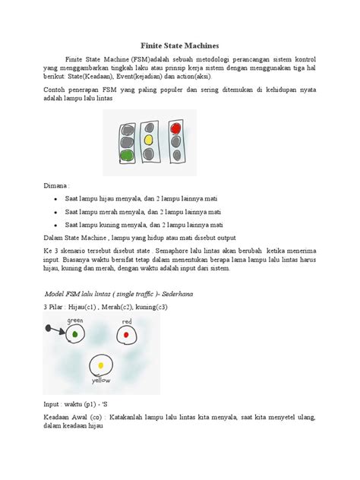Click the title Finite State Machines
[180, 46]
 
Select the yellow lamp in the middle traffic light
[149, 141]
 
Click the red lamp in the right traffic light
[176, 128]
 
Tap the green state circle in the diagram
[74, 332]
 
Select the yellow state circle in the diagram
[99, 366]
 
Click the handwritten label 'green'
[75, 321]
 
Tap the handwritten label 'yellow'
[101, 380]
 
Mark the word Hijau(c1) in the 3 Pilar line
[90, 306]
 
